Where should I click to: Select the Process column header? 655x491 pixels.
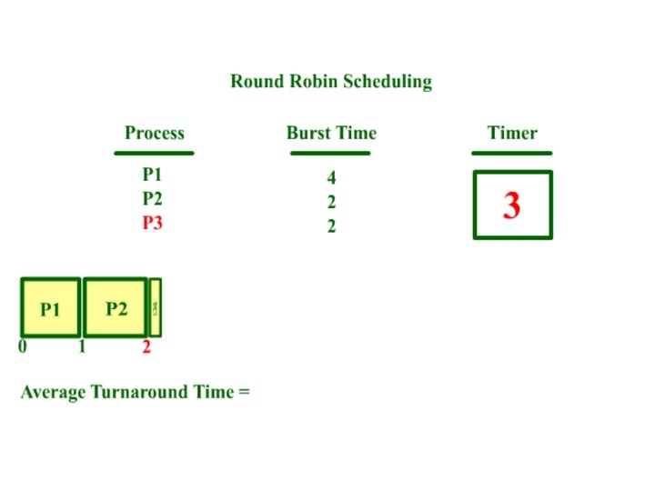[155, 134]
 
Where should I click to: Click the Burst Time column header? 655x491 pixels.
[331, 134]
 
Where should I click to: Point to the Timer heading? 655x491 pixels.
[512, 134]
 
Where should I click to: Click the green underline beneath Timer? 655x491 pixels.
[512, 153]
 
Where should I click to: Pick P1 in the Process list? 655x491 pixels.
[153, 175]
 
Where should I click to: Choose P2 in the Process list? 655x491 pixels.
[153, 199]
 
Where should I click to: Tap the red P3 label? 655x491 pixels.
[153, 223]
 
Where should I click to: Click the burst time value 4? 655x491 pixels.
[332, 179]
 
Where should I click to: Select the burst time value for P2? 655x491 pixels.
[332, 203]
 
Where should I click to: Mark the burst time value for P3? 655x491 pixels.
[332, 226]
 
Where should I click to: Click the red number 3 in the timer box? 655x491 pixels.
[512, 206]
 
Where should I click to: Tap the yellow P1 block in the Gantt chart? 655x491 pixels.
[51, 308]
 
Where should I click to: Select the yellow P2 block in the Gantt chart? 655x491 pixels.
[116, 308]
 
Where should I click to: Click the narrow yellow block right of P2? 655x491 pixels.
[156, 308]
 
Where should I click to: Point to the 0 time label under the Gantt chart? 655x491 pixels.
[23, 346]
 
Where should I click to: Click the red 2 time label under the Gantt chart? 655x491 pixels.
[146, 346]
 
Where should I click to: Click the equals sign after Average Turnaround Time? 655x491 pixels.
[244, 393]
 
